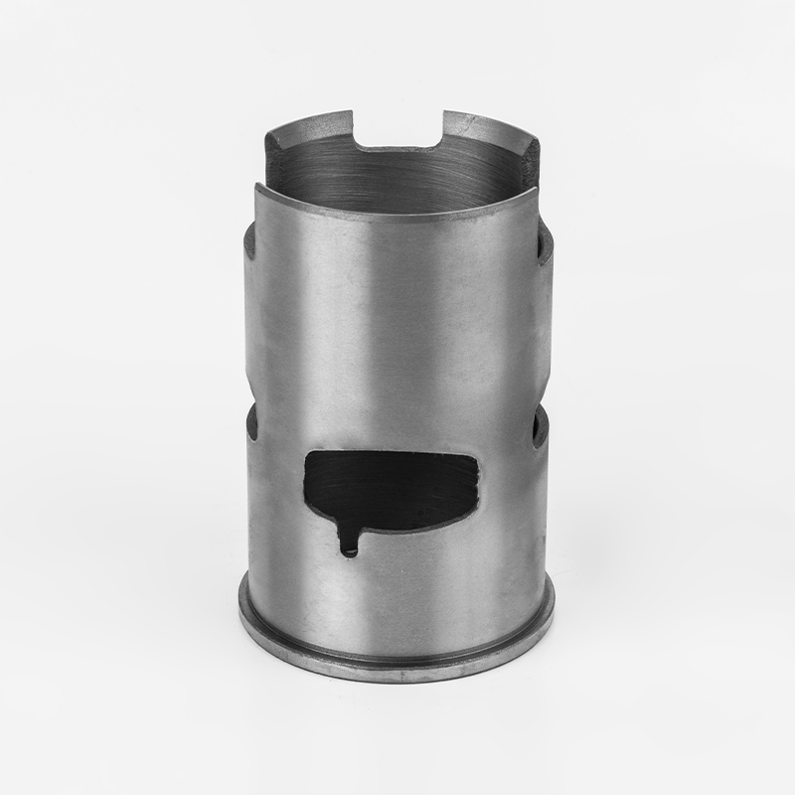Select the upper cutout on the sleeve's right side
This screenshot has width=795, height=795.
coord(545,248)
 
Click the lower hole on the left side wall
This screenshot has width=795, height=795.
coord(251,422)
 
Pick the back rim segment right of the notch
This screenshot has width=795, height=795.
coord(487,125)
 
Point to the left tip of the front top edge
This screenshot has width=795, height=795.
coord(257,186)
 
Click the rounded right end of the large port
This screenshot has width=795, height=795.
coord(478,487)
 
